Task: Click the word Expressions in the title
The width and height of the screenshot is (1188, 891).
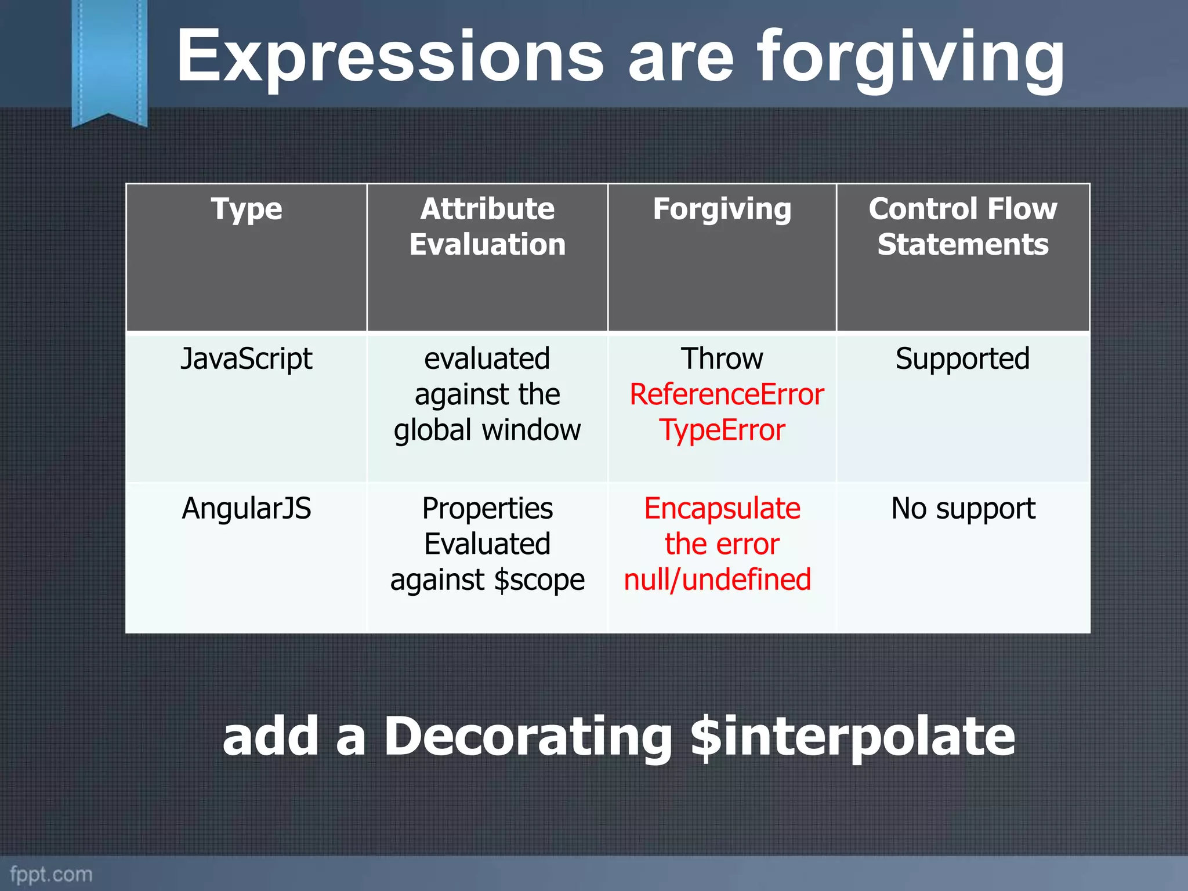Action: (x=390, y=58)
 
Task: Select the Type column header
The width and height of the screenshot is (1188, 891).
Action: (x=247, y=209)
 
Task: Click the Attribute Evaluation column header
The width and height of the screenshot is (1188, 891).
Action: (x=487, y=226)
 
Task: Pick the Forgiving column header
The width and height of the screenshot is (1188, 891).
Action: (x=722, y=209)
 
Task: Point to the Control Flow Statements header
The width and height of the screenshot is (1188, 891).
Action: (x=963, y=226)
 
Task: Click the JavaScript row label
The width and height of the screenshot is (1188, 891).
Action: (x=247, y=358)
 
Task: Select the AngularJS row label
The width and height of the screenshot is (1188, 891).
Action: (x=247, y=508)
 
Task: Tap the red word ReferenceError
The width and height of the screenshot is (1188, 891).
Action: (x=726, y=394)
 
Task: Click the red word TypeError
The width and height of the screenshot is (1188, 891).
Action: (x=722, y=430)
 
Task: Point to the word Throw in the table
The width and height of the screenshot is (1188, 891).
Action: (x=722, y=358)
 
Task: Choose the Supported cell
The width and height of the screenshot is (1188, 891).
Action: (x=963, y=358)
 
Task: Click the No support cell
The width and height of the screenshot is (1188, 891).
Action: (x=963, y=508)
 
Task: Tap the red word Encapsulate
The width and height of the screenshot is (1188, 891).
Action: (x=722, y=508)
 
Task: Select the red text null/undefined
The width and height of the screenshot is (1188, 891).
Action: (x=718, y=579)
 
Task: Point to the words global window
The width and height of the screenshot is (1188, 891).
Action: (x=487, y=430)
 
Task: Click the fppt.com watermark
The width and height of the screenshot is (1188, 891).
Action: (x=51, y=874)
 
